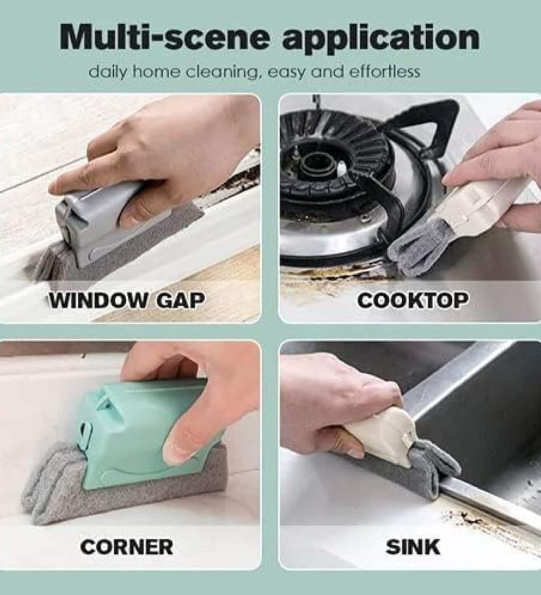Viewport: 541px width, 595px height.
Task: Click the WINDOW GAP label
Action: [127, 300]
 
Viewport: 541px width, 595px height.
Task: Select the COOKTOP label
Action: [413, 300]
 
